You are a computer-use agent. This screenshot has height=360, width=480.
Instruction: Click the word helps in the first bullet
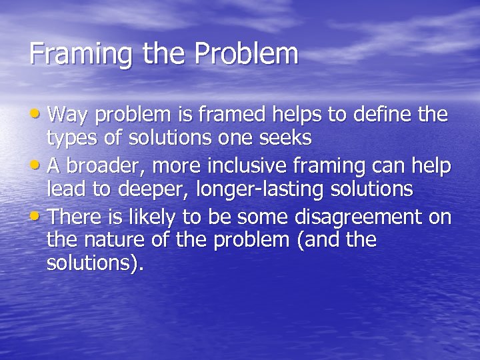point(298,115)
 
